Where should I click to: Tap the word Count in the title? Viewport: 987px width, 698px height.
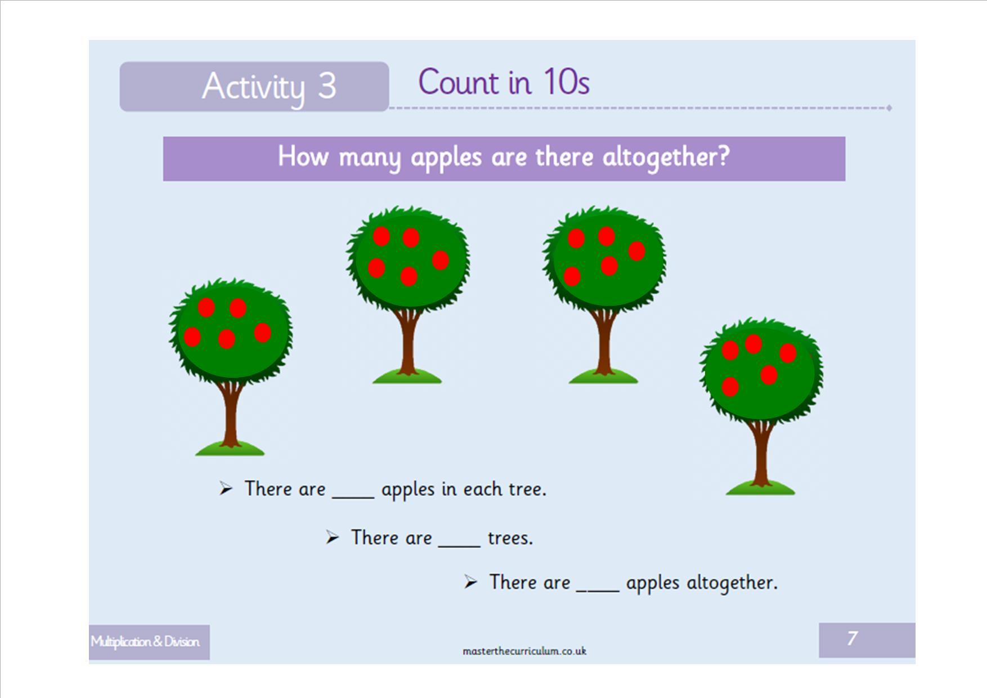(x=459, y=82)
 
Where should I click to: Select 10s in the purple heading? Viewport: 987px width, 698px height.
(x=566, y=82)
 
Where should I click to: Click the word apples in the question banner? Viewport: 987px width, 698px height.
(x=446, y=157)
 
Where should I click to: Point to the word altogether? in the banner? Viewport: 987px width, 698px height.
(x=666, y=156)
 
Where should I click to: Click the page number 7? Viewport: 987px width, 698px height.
(x=853, y=638)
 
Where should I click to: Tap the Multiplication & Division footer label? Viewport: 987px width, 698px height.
(x=145, y=642)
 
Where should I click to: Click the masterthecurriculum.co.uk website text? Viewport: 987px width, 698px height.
(x=524, y=651)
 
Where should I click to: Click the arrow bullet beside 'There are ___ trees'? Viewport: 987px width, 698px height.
(x=333, y=538)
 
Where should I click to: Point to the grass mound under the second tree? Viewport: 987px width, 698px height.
(x=407, y=375)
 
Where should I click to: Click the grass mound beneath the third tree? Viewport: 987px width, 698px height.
(x=603, y=375)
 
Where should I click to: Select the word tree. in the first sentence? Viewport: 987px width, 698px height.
(x=527, y=489)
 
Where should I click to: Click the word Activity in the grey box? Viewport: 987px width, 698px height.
(x=253, y=87)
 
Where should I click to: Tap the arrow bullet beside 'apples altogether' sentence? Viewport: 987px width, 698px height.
(x=470, y=582)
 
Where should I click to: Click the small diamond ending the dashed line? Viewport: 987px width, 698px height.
(x=889, y=108)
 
